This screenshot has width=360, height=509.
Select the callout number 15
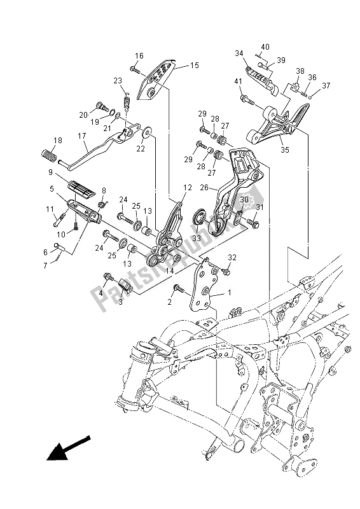click(194, 65)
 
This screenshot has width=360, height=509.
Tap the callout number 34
click(239, 53)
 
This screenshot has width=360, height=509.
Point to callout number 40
click(265, 46)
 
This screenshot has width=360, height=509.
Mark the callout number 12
click(187, 188)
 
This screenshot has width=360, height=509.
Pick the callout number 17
click(82, 135)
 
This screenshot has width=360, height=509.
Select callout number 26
click(204, 188)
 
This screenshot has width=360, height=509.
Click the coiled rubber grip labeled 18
click(50, 155)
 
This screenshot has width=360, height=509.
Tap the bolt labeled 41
click(246, 99)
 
